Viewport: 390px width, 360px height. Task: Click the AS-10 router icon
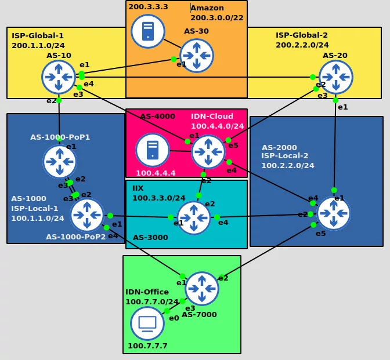[59, 77]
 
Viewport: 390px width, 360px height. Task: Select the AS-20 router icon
[335, 77]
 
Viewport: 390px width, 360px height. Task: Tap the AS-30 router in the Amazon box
[197, 56]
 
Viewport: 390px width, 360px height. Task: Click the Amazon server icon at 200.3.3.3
[147, 31]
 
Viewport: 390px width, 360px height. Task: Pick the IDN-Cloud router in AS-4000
[208, 152]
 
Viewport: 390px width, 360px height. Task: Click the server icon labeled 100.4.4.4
[153, 150]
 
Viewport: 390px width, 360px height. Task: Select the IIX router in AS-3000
[194, 218]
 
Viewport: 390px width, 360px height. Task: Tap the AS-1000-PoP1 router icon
[59, 162]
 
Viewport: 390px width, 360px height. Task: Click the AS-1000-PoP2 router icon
[87, 215]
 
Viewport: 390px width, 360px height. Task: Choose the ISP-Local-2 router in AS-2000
[334, 213]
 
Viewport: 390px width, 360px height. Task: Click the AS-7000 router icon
[201, 289]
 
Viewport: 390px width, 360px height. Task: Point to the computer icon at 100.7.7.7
[147, 323]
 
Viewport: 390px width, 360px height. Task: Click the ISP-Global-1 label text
[38, 36]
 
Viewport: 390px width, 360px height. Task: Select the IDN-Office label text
[147, 292]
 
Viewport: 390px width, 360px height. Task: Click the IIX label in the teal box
[138, 188]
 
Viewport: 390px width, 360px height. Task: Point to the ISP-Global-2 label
[302, 35]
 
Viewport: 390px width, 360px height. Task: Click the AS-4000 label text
[157, 117]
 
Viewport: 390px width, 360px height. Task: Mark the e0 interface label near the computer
[174, 318]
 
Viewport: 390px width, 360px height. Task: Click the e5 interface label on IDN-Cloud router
[233, 145]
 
